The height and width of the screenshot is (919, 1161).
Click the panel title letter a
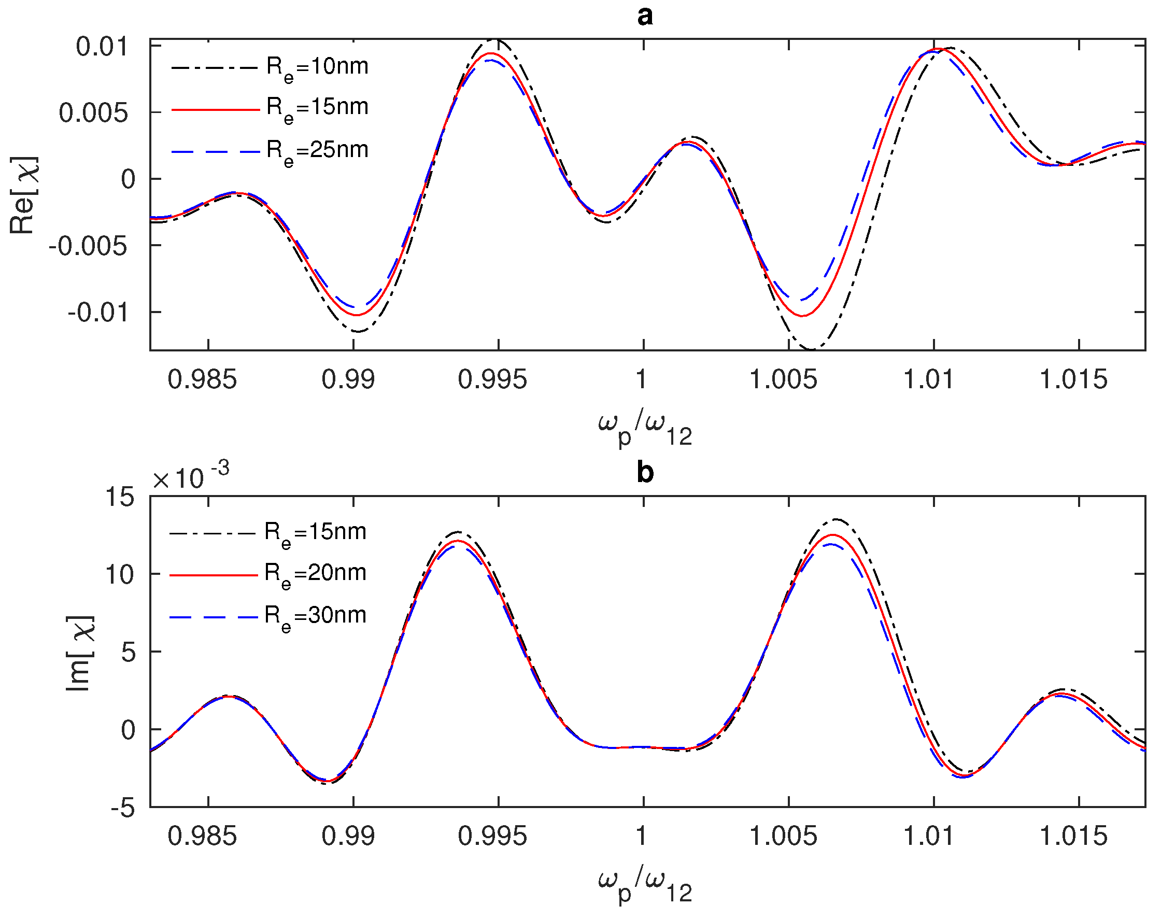tap(645, 16)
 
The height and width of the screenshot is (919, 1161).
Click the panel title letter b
tap(645, 473)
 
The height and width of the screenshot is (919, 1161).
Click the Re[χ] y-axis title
tap(23, 195)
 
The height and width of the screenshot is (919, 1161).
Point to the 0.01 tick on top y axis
tap(102, 47)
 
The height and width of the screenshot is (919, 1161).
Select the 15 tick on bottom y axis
tap(119, 497)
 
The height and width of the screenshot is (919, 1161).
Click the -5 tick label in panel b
tap(123, 808)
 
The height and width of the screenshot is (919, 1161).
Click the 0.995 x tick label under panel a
tap(492, 379)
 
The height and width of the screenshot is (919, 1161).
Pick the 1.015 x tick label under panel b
tap(1073, 836)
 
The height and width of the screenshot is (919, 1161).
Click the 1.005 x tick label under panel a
tap(783, 379)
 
